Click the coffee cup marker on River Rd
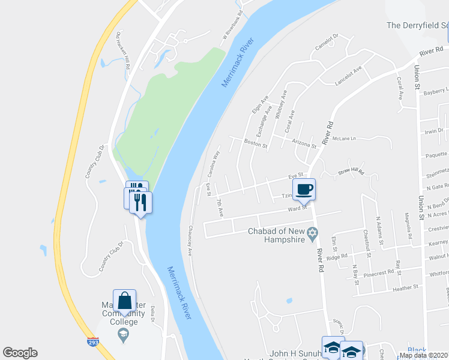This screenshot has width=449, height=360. (304, 189)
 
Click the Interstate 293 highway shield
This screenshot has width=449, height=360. (93, 342)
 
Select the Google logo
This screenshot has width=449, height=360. (20, 353)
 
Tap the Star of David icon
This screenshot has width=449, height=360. (312, 233)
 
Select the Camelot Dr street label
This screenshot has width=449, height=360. (327, 42)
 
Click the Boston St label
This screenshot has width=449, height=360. (255, 143)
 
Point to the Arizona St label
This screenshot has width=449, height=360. (304, 145)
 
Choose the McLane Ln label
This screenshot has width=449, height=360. (345, 139)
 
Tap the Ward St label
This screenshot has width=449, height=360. (297, 208)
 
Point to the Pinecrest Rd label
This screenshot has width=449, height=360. (379, 272)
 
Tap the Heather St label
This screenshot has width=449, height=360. (405, 288)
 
